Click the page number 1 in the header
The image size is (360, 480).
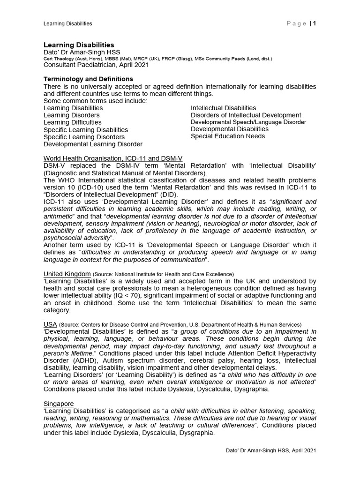pos(315,23)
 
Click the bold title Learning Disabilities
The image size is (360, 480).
pos(79,45)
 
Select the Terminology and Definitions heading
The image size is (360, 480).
pos(88,79)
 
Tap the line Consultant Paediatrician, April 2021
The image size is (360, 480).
pos(96,65)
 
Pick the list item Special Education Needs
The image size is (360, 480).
pos(228,136)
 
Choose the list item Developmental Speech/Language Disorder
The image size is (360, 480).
pos(248,122)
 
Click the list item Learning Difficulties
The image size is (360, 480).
pos(72,122)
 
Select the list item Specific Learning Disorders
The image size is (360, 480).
pos(84,137)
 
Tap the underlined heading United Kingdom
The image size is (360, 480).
pos(67,274)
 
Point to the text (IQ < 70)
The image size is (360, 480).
pos(139,296)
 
